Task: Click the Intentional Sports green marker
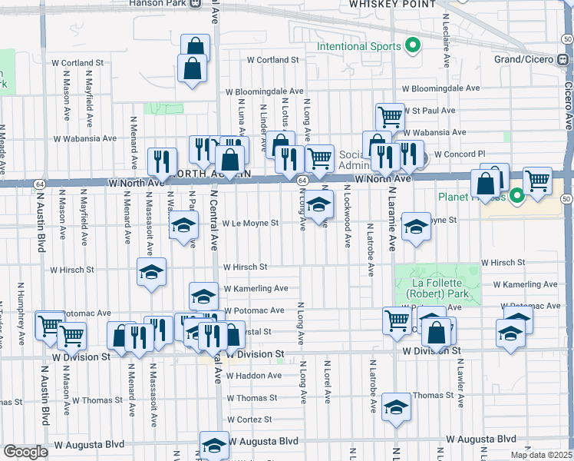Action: (413, 46)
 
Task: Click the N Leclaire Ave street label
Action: (446, 26)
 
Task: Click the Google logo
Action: (25, 452)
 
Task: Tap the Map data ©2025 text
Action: (541, 455)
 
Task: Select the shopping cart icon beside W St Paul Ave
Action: (390, 116)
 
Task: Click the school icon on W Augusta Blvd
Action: (214, 445)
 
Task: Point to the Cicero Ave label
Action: (568, 106)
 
